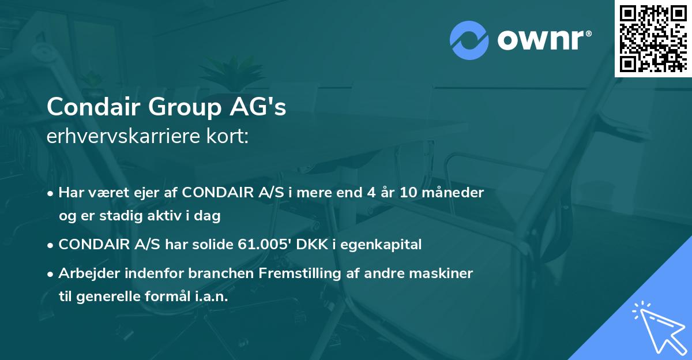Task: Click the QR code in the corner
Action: click(652, 38)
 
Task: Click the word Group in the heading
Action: click(179, 107)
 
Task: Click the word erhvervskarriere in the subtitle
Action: click(120, 138)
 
